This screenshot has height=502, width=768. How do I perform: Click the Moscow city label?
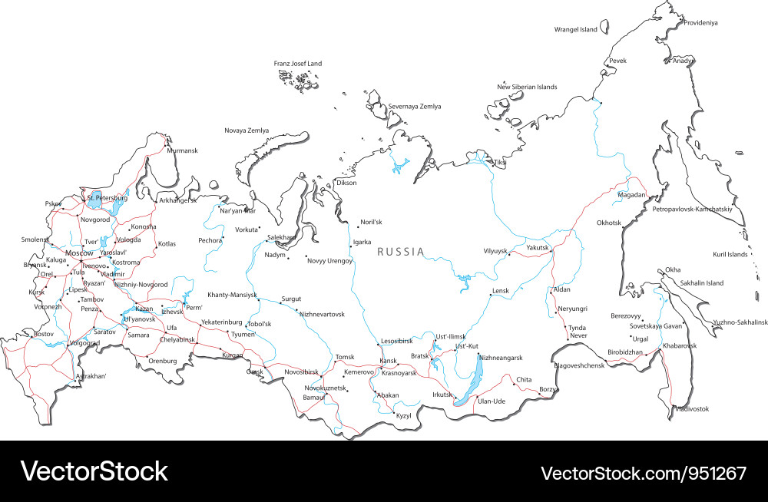click(79, 253)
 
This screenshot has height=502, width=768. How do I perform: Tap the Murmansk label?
click(182, 150)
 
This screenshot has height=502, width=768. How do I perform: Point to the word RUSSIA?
click(400, 251)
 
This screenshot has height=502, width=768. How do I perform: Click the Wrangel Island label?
click(575, 30)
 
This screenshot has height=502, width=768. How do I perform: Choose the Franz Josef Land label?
click(298, 64)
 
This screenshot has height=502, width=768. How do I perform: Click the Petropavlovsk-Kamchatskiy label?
click(692, 209)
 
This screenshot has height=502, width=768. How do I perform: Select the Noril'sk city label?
click(371, 223)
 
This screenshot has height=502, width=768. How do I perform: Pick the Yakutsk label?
click(538, 247)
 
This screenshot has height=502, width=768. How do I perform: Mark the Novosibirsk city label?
click(301, 372)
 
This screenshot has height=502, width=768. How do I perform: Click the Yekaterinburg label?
click(221, 322)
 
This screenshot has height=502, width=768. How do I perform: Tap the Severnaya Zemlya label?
click(415, 106)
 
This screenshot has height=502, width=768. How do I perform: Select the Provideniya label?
click(700, 23)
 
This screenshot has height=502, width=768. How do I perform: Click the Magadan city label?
click(631, 196)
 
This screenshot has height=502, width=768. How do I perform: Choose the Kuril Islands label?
click(730, 254)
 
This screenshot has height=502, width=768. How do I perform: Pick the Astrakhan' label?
click(91, 376)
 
